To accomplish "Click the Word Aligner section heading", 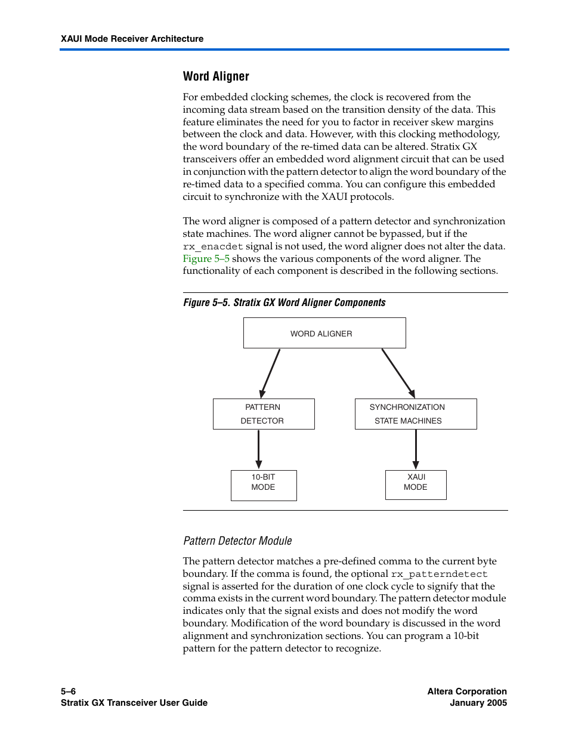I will [x=216, y=76].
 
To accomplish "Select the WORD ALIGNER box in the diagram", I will [x=324, y=333].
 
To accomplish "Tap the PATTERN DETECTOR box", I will [x=264, y=414].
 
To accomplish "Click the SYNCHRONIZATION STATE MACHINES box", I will [x=416, y=414].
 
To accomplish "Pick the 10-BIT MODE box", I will [x=264, y=485].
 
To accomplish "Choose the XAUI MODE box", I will [x=416, y=485].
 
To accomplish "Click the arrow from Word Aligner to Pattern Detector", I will [x=270, y=373].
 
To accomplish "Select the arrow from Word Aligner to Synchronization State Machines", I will [x=398, y=373].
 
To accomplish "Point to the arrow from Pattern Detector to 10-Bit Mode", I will [x=258, y=449].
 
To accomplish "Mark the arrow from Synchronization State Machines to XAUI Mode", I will [x=416, y=449].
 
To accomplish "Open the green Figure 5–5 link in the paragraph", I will [x=206, y=259].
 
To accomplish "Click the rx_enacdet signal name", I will [x=213, y=246].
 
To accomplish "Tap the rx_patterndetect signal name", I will [x=439, y=575].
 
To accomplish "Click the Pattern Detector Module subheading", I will [x=237, y=541].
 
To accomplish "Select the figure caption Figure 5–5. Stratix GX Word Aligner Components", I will [x=284, y=302].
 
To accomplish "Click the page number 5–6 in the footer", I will [x=68, y=691].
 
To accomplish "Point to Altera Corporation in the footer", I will [x=467, y=691].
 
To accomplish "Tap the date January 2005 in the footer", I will [x=478, y=703].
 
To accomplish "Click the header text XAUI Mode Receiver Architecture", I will [x=132, y=39].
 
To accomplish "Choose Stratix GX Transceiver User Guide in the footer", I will [x=134, y=703].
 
